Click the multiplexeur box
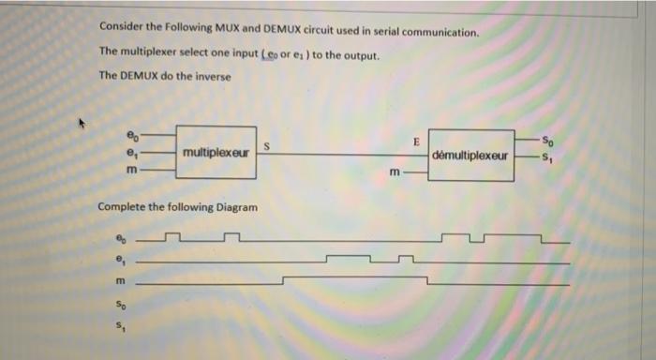[x=216, y=152]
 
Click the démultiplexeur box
[x=471, y=155]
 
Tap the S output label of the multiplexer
[x=267, y=145]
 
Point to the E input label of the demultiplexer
[x=414, y=142]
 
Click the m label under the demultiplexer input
[x=395, y=172]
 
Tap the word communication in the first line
[x=435, y=31]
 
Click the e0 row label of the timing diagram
[x=118, y=237]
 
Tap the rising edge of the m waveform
[x=284, y=279]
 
